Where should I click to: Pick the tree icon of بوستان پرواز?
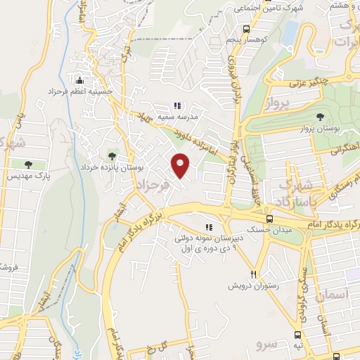pyautogui.click(x=321, y=116)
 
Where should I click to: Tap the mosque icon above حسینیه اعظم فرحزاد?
pyautogui.click(x=79, y=79)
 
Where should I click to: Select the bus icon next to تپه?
pyautogui.click(x=298, y=335)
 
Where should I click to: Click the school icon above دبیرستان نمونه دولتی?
pyautogui.click(x=208, y=227)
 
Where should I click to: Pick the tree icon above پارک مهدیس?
pyautogui.click(x=28, y=164)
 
